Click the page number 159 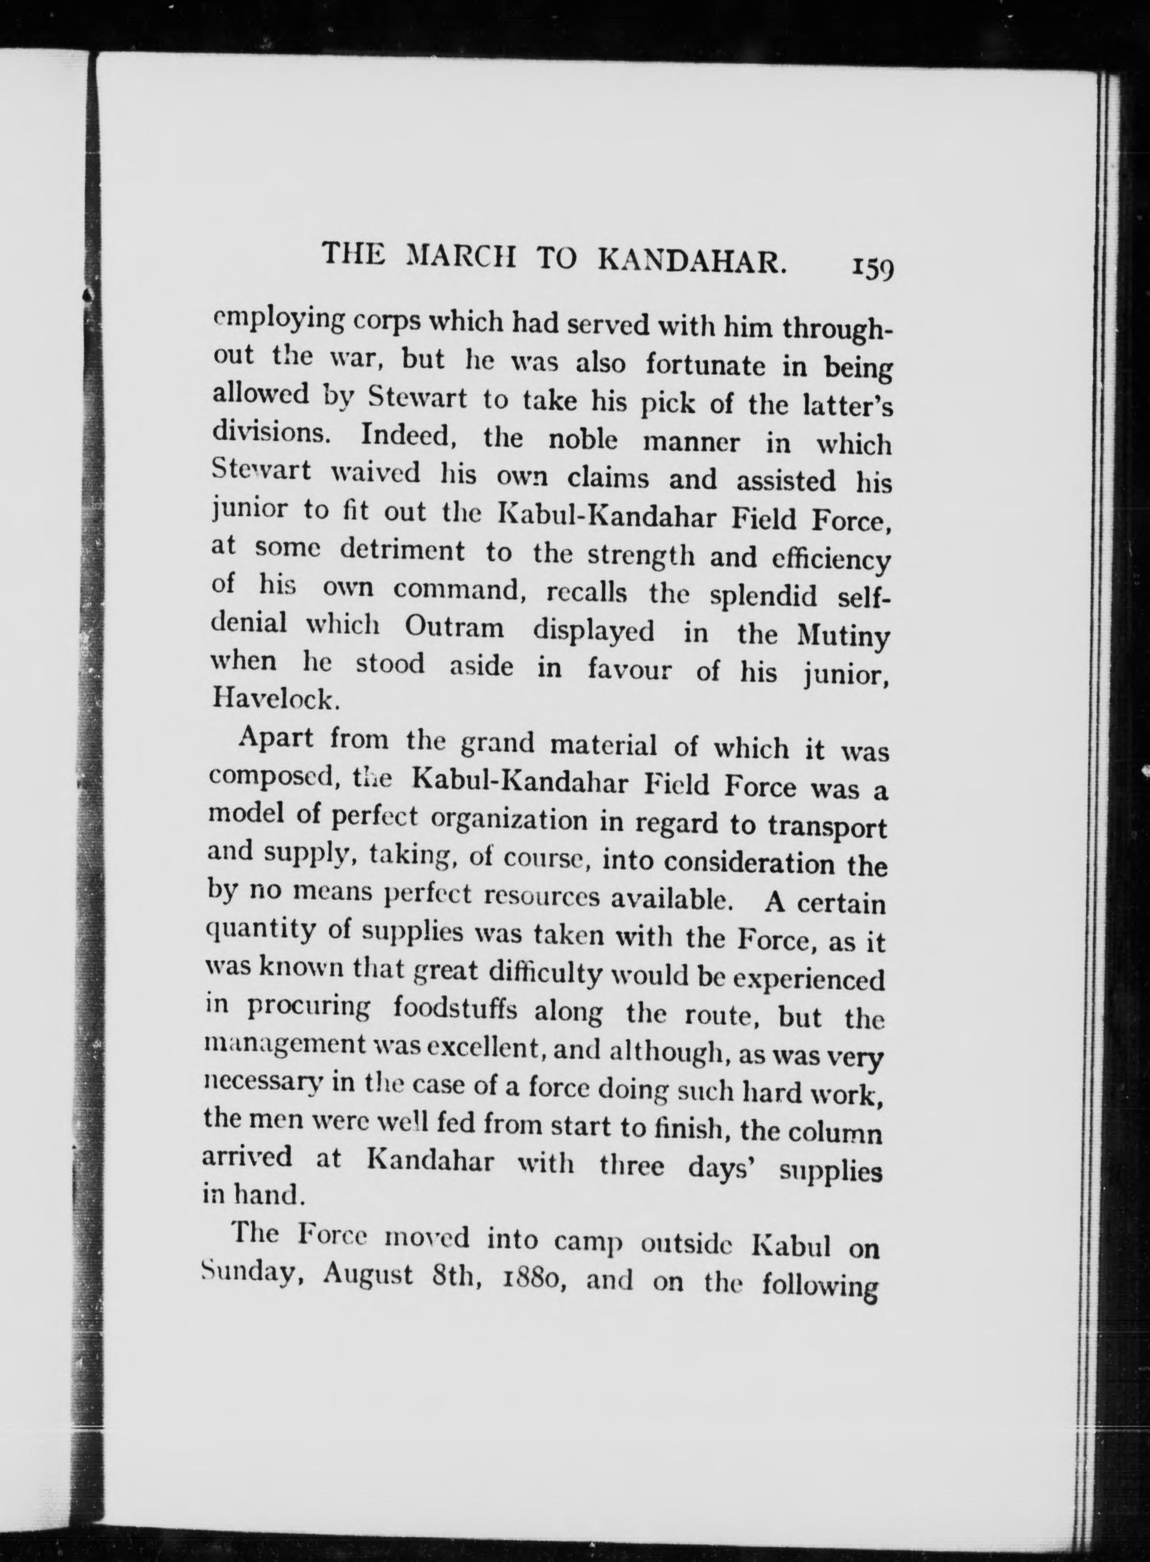[870, 268]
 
